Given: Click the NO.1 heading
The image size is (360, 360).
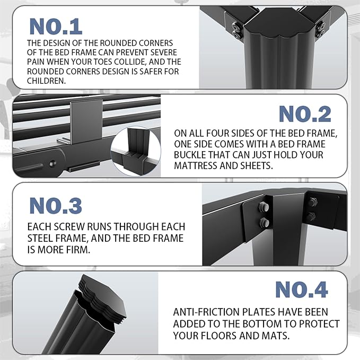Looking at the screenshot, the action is (x=56, y=27).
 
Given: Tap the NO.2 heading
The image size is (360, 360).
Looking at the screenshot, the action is (x=305, y=114).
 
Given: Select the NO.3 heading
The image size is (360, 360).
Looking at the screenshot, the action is (x=56, y=206).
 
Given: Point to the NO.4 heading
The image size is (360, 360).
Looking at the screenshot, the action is (x=302, y=289).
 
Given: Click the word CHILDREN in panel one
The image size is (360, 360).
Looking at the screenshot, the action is (x=46, y=81).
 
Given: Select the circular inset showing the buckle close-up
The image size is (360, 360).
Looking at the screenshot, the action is (x=136, y=151).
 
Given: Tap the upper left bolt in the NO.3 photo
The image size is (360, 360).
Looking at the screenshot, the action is (x=264, y=207).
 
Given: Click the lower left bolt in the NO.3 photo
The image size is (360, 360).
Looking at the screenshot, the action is (x=264, y=222).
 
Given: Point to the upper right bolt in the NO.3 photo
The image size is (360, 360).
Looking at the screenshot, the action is (x=312, y=202).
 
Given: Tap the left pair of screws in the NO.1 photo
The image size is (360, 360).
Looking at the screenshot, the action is (x=237, y=30).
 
